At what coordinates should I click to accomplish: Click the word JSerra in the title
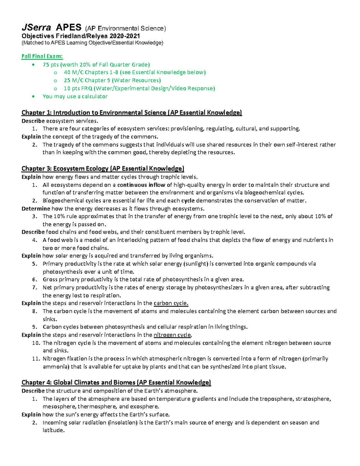(36, 28)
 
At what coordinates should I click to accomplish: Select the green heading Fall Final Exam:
(42, 56)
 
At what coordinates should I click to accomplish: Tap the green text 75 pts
(51, 65)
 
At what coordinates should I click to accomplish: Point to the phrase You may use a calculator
(75, 96)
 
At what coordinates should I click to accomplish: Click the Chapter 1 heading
(131, 113)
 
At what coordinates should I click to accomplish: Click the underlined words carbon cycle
(171, 303)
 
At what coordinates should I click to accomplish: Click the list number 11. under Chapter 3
(36, 359)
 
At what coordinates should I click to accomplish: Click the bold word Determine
(36, 209)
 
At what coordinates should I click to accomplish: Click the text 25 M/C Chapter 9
(87, 80)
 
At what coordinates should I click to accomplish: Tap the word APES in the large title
(68, 28)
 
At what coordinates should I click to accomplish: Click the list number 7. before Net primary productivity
(35, 287)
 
